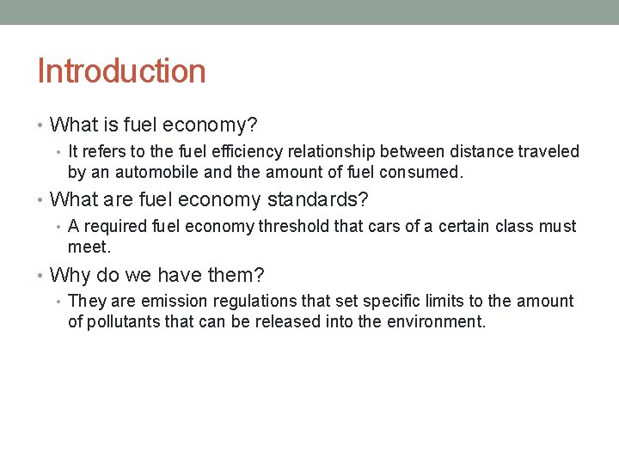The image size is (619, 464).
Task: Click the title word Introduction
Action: pyautogui.click(x=121, y=70)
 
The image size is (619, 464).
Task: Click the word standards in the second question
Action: pyautogui.click(x=317, y=200)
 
